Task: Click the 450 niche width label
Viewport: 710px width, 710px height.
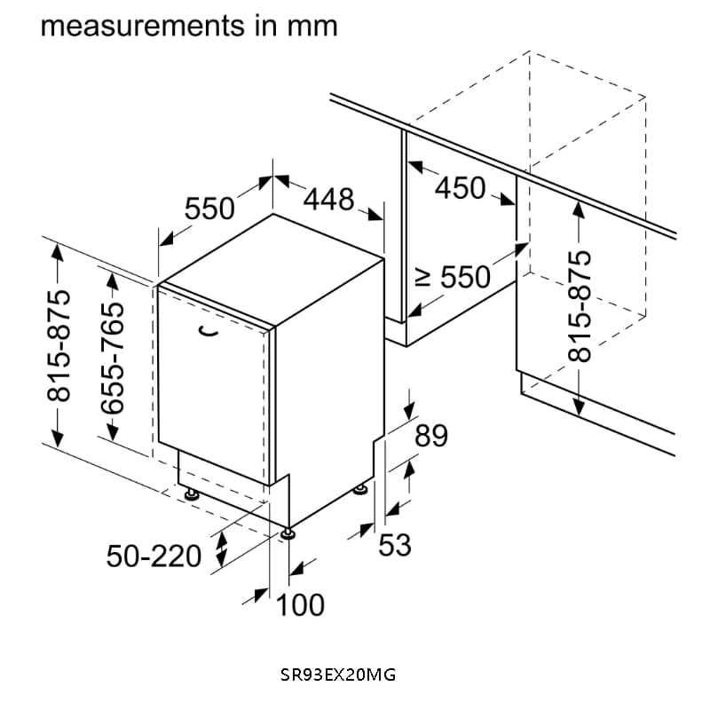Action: [460, 188]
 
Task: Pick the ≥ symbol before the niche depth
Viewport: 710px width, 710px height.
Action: [424, 279]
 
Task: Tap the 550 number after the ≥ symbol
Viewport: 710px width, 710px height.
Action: [466, 278]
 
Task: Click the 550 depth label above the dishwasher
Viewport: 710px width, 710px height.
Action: [209, 209]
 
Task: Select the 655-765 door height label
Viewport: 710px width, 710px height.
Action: [114, 356]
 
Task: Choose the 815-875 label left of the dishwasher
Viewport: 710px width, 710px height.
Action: [59, 345]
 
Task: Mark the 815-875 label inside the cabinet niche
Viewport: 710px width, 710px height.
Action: [578, 305]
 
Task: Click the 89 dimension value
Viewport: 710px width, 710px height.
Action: [431, 436]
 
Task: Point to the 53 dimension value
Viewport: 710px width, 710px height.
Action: [395, 544]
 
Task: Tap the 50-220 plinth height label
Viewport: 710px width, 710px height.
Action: [154, 556]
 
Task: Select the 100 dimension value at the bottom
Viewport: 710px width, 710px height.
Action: [300, 605]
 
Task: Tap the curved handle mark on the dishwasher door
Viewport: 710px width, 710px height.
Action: [209, 331]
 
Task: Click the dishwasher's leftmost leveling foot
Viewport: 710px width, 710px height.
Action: [191, 493]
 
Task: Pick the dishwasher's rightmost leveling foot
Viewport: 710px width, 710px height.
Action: [360, 488]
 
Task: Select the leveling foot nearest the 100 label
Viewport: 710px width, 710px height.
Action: [289, 534]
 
